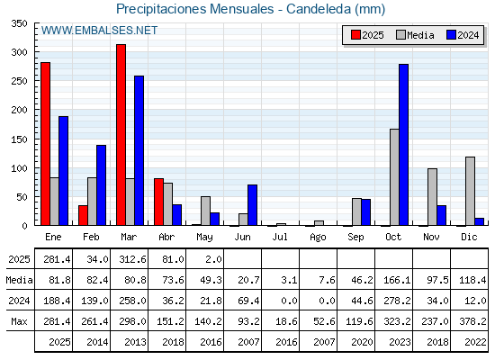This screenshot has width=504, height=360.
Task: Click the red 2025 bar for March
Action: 121,135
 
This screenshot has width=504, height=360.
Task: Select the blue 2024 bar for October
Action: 404,145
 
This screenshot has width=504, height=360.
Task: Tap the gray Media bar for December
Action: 470,191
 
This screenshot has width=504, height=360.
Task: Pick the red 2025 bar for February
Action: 83,215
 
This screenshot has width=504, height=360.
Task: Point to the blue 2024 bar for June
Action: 252,205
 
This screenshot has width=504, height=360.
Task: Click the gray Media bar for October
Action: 394,177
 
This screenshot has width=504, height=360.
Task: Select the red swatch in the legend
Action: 355,35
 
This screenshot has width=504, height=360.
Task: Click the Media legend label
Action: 420,35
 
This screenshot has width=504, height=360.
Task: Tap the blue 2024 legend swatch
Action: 451,35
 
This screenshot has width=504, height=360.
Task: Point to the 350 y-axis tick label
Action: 19,23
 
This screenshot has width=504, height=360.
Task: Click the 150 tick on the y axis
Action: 19,139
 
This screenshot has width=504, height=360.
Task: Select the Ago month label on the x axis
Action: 318,238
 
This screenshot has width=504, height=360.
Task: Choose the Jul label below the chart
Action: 280,237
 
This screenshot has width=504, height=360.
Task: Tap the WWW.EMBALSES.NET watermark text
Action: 99,31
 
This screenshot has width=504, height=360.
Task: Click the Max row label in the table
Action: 19,321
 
